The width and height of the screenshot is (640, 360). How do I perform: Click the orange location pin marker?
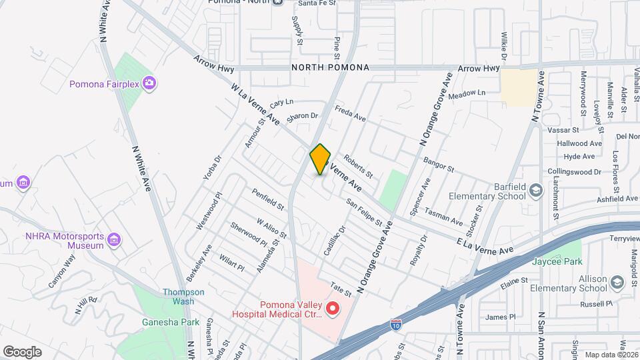tap(320, 159)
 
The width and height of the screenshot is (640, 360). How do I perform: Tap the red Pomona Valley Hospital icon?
tap(332, 309)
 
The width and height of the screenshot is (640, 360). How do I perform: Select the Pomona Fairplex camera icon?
tap(149, 83)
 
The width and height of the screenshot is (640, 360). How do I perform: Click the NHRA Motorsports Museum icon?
tap(114, 239)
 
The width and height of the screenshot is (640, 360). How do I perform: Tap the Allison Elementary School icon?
tap(617, 283)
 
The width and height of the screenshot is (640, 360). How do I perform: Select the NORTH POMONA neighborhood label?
tap(329, 68)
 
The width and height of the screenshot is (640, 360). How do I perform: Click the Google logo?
tap(22, 351)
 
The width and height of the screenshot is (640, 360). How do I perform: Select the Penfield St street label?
tap(268, 197)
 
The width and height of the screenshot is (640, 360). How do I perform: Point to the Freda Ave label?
tap(350, 114)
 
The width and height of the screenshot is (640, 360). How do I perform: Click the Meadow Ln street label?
tap(467, 96)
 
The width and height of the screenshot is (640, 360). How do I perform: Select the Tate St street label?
tap(340, 289)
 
